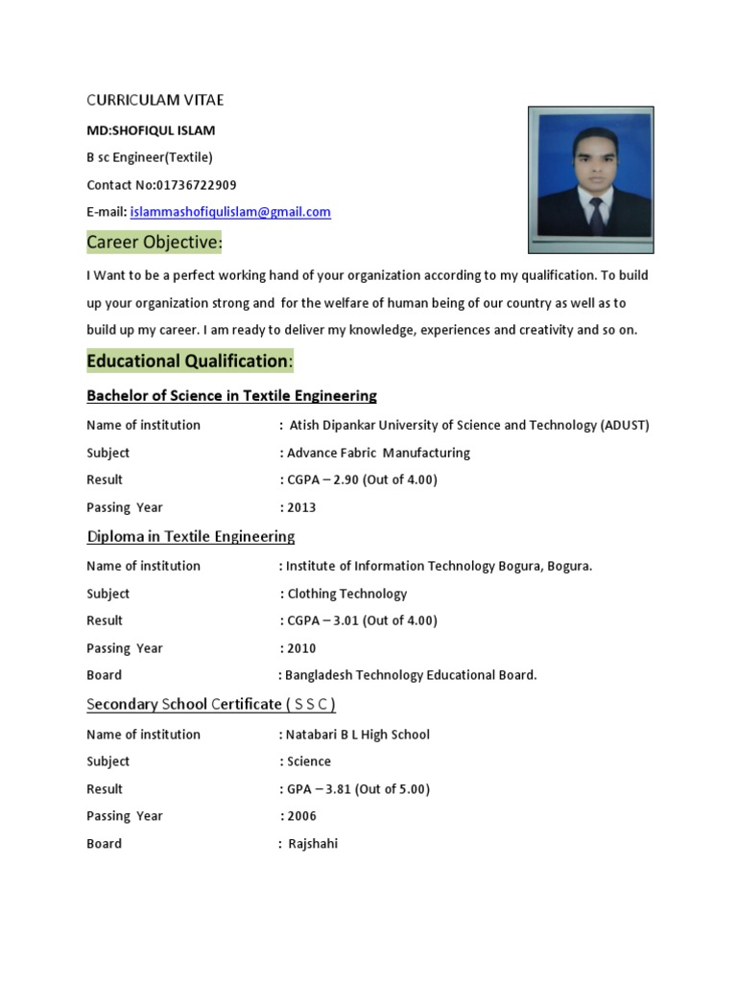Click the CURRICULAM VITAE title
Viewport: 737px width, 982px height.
pyautogui.click(x=155, y=100)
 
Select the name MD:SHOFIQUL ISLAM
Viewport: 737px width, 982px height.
pyautogui.click(x=151, y=130)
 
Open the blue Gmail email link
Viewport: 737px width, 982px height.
pyautogui.click(x=230, y=212)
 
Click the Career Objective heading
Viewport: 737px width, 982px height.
pyautogui.click(x=155, y=243)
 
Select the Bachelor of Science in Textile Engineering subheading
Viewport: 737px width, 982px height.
pyautogui.click(x=231, y=395)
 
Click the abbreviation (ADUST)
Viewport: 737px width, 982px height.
pyautogui.click(x=626, y=425)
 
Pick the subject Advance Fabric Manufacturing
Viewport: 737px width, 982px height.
pyautogui.click(x=378, y=453)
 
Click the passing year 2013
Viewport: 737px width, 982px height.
pyautogui.click(x=301, y=507)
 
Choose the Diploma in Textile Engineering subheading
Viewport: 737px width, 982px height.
pyautogui.click(x=191, y=536)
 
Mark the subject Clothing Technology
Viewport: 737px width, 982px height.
pyautogui.click(x=347, y=594)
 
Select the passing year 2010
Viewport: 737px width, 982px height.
pyautogui.click(x=301, y=648)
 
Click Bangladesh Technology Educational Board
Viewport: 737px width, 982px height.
pyautogui.click(x=410, y=675)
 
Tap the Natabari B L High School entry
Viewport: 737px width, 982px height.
pyautogui.click(x=357, y=735)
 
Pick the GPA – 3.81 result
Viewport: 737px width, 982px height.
pyautogui.click(x=358, y=789)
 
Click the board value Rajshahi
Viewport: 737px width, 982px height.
pyautogui.click(x=313, y=844)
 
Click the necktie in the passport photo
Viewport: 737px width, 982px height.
pyautogui.click(x=596, y=217)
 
